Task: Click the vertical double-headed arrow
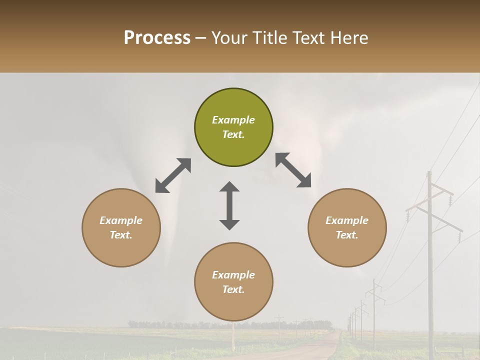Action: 229,205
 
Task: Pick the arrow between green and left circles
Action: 173,175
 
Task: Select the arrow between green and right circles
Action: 293,170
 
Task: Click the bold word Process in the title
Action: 157,38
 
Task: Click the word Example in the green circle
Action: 233,120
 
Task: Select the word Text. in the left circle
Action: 121,235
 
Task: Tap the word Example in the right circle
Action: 347,220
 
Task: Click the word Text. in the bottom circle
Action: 233,289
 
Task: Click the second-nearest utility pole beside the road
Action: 374,315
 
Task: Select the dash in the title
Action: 200,38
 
